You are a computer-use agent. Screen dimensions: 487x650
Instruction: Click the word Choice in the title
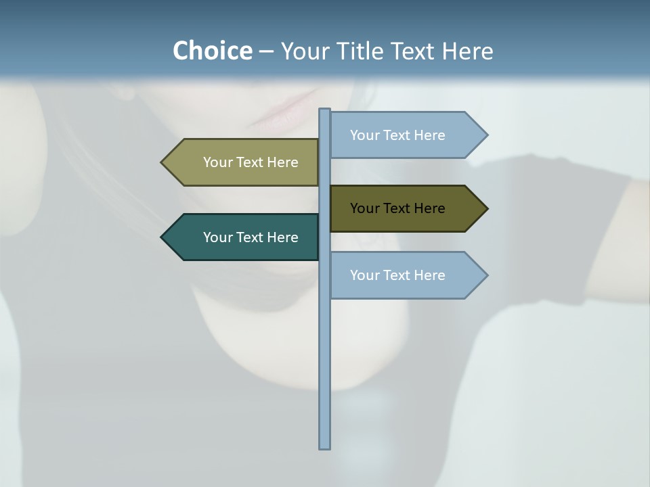[x=212, y=51]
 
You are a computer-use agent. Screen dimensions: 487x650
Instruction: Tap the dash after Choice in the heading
[x=266, y=51]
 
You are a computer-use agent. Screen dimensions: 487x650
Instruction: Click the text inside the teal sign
[x=251, y=237]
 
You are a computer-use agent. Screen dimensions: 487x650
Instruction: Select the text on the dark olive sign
[x=397, y=208]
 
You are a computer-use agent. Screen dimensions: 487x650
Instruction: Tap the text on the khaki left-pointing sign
[x=251, y=162]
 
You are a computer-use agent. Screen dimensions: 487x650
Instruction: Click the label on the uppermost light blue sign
[x=397, y=135]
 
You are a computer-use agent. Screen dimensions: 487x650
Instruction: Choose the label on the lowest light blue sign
[x=397, y=275]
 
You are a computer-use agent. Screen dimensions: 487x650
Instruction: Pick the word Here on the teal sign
[x=282, y=237]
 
